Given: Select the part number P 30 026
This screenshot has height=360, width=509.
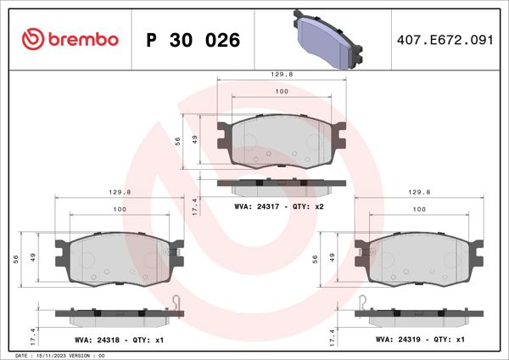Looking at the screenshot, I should tap(193, 40).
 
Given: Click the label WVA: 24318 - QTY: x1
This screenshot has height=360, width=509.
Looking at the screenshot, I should tap(118, 339).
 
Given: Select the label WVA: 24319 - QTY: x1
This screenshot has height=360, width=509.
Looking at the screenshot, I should tap(421, 339).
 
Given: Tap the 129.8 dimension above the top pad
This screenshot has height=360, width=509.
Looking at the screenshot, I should tap(282, 75).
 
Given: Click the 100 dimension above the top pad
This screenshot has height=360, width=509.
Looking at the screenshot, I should tap(282, 92).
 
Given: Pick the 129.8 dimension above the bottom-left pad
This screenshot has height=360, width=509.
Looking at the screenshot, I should tap(119, 193).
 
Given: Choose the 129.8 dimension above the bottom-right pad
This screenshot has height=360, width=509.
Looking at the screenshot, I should tap(418, 193).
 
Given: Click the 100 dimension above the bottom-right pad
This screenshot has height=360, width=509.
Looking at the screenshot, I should tap(418, 209).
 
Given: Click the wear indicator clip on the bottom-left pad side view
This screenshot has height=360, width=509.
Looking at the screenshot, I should tap(176, 301).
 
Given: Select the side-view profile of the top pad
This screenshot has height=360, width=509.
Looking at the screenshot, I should tap(282, 182).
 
